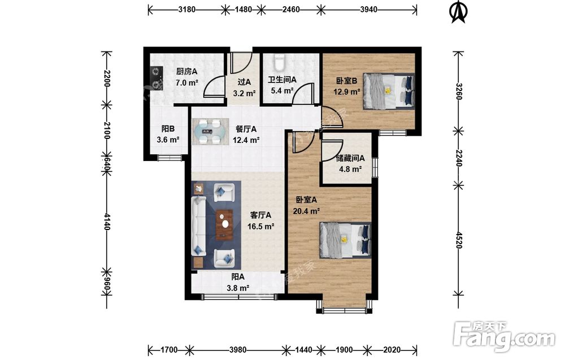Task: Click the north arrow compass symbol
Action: coord(458,12)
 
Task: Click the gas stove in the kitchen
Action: coord(156,78)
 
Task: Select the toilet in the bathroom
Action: coord(279,62)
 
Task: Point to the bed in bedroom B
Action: coord(389,90)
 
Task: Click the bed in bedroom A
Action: coord(345,240)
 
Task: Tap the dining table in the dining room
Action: coord(210,132)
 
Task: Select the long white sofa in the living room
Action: coord(198,225)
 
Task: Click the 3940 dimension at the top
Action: coord(368,10)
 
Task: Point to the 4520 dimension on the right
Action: coord(458,240)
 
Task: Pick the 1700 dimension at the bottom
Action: coord(169,350)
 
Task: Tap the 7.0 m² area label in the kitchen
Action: coord(187,83)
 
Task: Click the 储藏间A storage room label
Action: coord(350,158)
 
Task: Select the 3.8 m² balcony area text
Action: coord(238,288)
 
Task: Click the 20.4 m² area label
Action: coord(306,211)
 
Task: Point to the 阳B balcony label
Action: coord(168,129)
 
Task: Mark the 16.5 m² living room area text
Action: coord(261,226)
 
